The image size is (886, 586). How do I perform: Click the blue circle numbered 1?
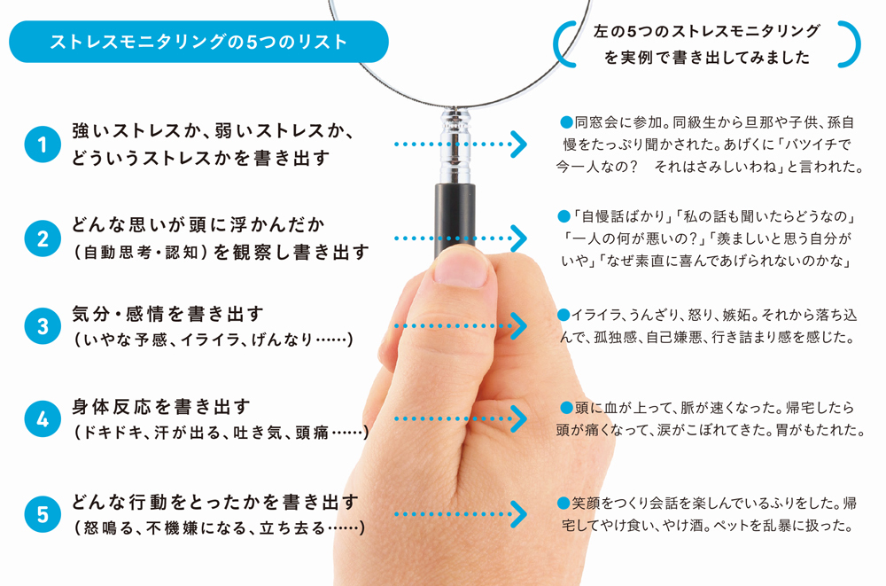(43, 145)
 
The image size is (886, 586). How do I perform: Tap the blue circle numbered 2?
(43, 238)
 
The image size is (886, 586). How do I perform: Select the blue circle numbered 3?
(43, 326)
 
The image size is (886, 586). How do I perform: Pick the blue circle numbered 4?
(43, 419)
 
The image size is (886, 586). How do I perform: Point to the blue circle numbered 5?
(43, 514)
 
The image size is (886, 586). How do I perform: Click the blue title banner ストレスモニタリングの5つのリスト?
(198, 42)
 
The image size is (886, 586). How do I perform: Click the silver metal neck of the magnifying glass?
(455, 145)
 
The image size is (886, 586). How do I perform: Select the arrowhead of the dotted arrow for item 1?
(518, 145)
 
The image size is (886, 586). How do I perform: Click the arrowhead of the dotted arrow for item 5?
(518, 514)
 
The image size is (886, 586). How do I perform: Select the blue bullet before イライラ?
(563, 315)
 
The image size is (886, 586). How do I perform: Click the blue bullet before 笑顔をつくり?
(563, 503)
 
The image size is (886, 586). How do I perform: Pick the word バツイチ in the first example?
(808, 145)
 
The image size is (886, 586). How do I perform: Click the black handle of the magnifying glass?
(455, 218)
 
